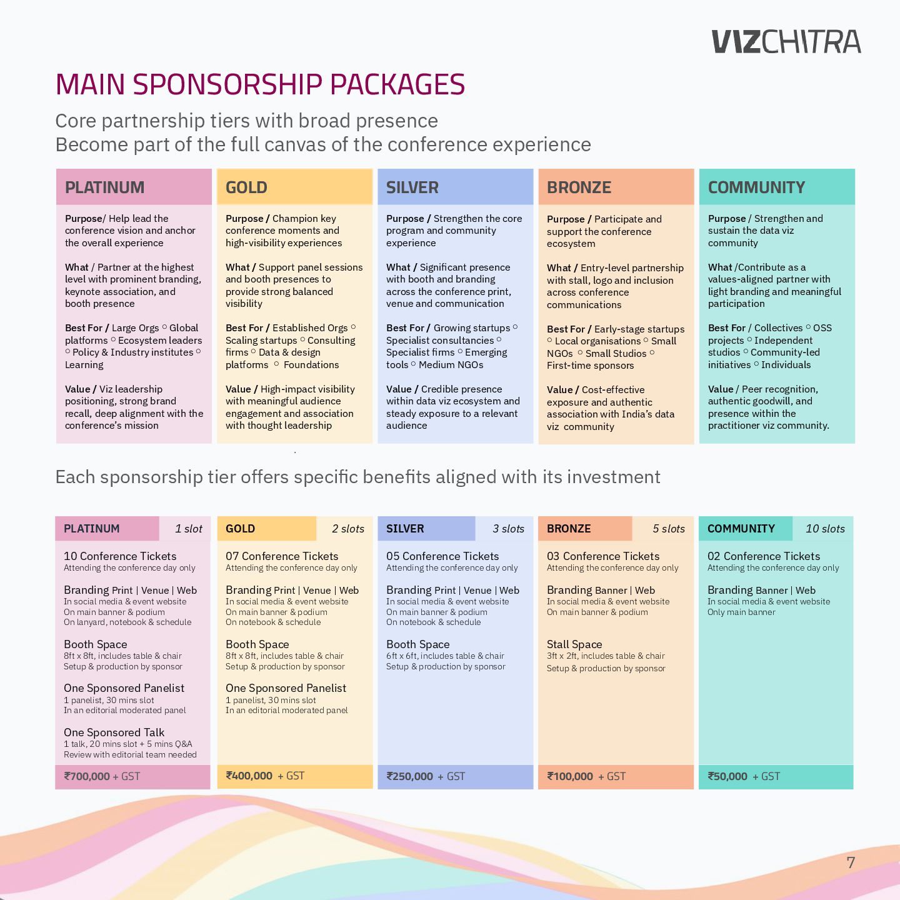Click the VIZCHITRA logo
click(x=786, y=41)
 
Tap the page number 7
click(x=851, y=862)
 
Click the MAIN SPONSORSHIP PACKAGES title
click(x=260, y=84)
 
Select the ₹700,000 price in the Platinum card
click(x=87, y=776)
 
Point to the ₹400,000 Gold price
click(x=249, y=776)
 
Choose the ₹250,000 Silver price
click(x=409, y=776)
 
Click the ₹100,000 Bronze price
click(x=570, y=776)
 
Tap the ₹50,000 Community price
click(x=727, y=776)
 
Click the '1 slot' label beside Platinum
click(x=188, y=529)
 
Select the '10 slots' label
click(x=825, y=529)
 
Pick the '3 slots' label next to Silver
click(x=508, y=529)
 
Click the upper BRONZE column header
click(x=579, y=187)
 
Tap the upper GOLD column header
click(x=246, y=187)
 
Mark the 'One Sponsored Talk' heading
click(x=114, y=732)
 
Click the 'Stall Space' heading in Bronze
click(x=574, y=644)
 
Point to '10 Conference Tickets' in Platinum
click(x=120, y=556)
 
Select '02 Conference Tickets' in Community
click(x=764, y=556)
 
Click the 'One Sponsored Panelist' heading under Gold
click(x=286, y=687)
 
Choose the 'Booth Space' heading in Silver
click(x=418, y=644)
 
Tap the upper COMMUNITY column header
click(x=756, y=187)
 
